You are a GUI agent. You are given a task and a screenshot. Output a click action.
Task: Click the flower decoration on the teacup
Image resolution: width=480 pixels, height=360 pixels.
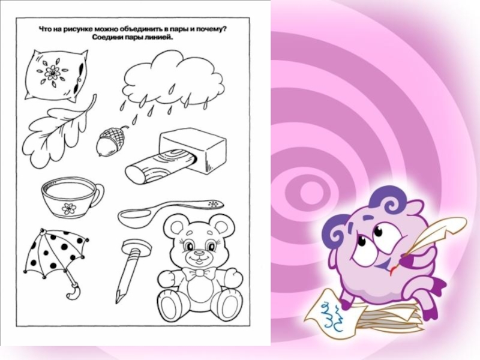tap(68, 208)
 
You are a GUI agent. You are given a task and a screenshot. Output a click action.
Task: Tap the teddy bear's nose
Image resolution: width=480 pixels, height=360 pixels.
tap(199, 253)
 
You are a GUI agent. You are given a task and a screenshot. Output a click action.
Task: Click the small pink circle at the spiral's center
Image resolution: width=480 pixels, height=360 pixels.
tap(312, 192)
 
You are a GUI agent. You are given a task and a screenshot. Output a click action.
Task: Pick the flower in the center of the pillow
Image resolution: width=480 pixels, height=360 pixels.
tap(53, 73)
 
